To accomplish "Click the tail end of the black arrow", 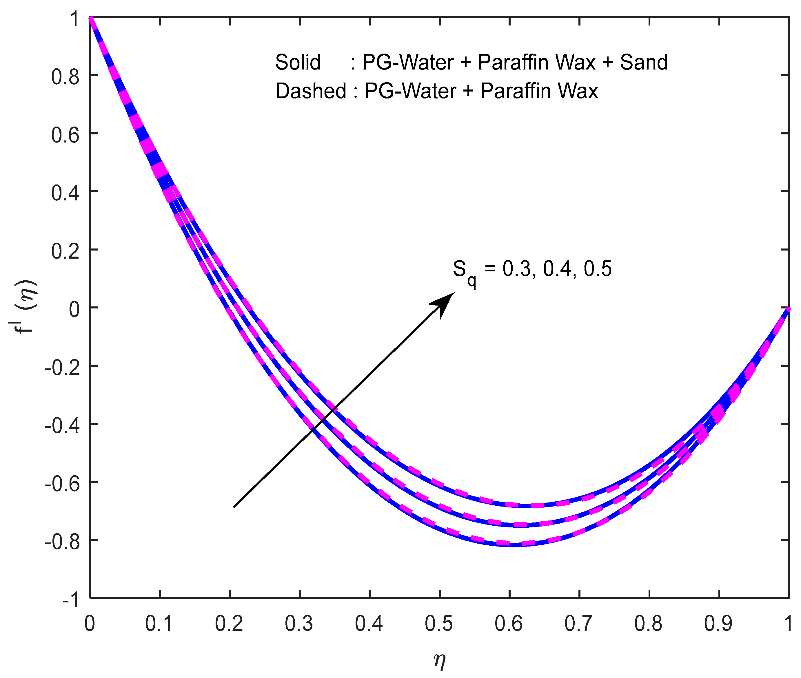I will (234, 507).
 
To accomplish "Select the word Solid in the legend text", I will (298, 62).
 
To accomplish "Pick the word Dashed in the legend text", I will (311, 92).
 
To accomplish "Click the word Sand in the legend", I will (643, 62).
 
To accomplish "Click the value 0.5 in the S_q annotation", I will (597, 269).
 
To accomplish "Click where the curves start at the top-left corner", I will (91, 18).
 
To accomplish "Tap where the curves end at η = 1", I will (788, 309).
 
